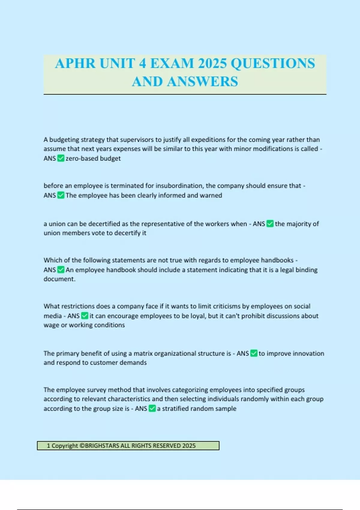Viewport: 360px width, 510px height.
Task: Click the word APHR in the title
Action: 75,64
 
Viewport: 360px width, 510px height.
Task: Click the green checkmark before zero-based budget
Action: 61,158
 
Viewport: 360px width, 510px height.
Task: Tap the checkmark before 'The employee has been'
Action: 61,195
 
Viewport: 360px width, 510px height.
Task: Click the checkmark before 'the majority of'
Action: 270,224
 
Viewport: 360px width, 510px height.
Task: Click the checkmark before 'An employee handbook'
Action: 61,270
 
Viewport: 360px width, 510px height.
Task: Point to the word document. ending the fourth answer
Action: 59,279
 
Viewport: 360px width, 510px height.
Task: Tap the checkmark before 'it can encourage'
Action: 85,316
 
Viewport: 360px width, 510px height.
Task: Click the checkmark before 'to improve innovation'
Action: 254,353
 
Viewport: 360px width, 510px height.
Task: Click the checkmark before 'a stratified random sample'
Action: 152,408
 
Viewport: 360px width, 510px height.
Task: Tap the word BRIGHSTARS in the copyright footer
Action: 102,446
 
